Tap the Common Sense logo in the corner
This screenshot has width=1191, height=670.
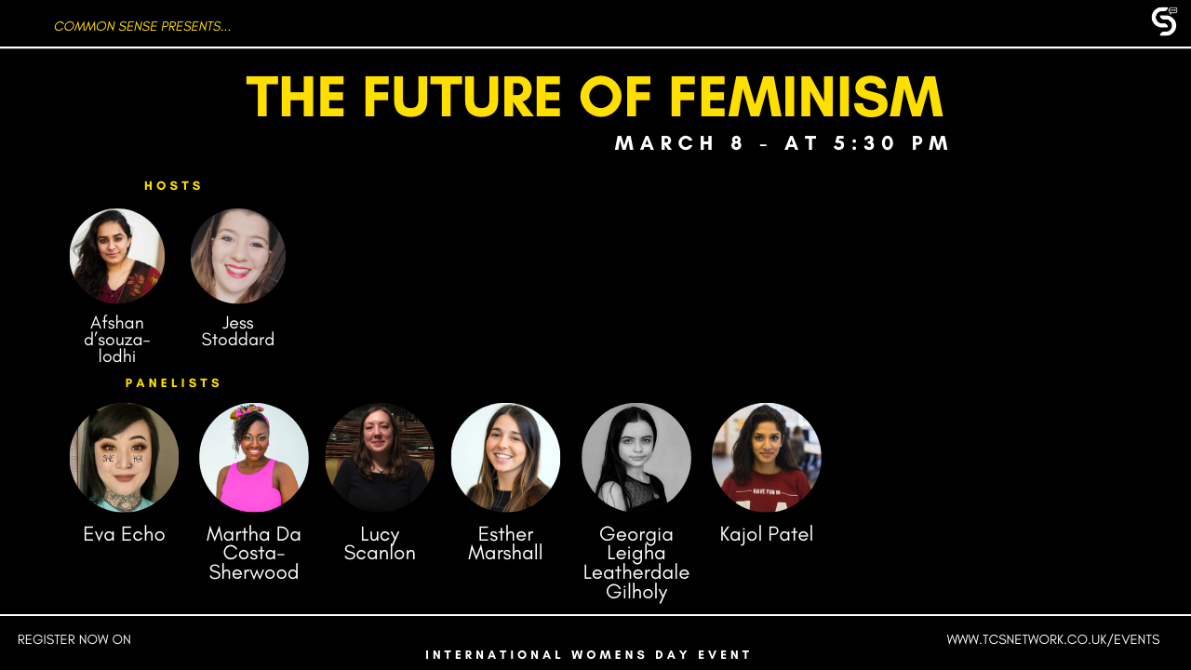1164,21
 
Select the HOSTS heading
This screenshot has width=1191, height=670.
173,185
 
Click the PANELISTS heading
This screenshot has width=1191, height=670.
173,382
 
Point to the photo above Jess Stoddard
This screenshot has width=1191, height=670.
237,256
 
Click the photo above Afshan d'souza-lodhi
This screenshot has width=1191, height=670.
117,256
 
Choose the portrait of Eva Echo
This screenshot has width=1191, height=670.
124,457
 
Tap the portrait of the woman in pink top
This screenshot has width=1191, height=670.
254,457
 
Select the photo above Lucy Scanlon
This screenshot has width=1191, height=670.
380,457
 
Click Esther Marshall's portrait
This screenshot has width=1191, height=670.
505,457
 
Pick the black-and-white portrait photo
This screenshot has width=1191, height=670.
636,457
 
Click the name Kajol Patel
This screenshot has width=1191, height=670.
766,534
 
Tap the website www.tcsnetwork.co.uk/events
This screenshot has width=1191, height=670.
1052,639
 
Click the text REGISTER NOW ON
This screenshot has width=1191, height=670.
74,639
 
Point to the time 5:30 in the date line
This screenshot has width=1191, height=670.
864,143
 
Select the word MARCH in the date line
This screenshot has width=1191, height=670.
664,143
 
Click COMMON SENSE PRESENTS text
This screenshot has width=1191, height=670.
142,27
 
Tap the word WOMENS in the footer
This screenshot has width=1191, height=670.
609,654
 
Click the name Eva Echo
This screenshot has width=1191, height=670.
124,534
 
